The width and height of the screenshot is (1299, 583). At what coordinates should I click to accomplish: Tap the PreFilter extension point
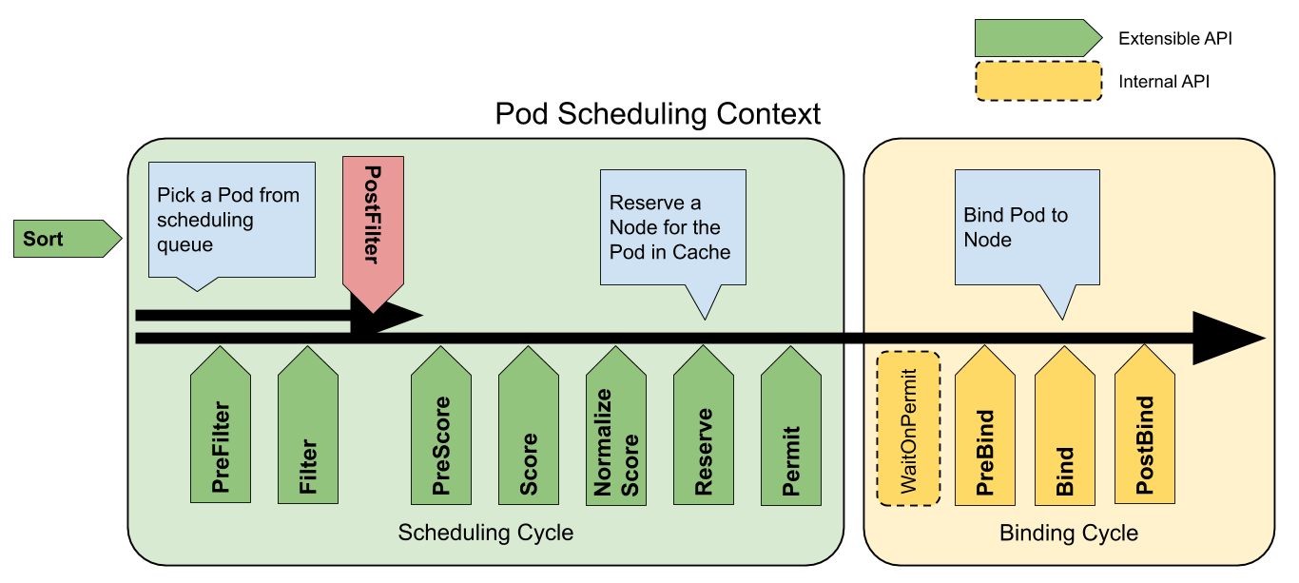[221, 433]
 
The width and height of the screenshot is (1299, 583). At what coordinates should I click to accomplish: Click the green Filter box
[308, 433]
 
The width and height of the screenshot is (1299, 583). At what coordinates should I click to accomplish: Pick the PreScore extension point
[441, 433]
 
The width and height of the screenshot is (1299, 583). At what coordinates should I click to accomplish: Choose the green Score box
[529, 433]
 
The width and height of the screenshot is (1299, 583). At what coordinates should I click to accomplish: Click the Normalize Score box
[616, 433]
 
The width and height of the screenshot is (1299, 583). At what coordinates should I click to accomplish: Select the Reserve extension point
[704, 433]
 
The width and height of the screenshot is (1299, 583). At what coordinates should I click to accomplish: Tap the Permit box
[791, 433]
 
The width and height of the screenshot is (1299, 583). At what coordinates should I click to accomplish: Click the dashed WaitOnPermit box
[908, 428]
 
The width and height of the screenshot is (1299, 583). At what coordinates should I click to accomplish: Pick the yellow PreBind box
[985, 433]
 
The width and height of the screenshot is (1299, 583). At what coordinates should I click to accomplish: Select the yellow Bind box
[1065, 433]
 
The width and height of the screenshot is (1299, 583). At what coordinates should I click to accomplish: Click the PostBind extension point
[1145, 433]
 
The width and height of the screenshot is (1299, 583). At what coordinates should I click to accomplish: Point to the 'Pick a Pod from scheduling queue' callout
[232, 220]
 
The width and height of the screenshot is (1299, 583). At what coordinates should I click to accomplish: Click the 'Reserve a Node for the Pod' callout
[672, 227]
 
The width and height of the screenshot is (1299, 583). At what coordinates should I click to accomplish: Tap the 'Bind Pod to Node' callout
[1027, 227]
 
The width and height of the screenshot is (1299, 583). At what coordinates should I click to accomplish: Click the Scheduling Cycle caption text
[485, 533]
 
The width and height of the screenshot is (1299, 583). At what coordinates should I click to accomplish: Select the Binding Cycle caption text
[1069, 533]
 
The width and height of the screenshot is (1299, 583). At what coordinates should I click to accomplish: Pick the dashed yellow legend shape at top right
[1038, 81]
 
